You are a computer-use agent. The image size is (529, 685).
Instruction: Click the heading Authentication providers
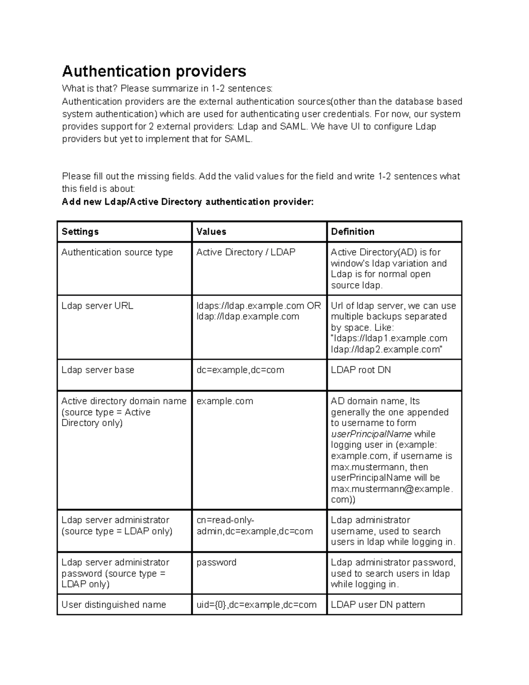[x=154, y=71]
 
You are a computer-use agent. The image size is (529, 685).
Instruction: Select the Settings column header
[x=80, y=232]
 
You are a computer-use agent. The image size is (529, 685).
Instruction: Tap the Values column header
[x=211, y=232]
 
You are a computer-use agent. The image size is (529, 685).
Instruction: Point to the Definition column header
[x=353, y=232]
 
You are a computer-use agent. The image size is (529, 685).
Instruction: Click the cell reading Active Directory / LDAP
[x=246, y=252]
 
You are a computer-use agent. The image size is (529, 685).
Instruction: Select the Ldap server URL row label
[x=97, y=306]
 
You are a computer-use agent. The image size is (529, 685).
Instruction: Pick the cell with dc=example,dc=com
[x=240, y=370]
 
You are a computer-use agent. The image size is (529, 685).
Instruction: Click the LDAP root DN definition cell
[x=361, y=370]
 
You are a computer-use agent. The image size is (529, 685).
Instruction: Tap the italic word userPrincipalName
[x=371, y=434]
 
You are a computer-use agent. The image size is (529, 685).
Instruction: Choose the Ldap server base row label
[x=98, y=370]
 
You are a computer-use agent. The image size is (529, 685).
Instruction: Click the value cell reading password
[x=216, y=562]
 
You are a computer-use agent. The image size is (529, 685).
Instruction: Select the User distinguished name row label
[x=114, y=605]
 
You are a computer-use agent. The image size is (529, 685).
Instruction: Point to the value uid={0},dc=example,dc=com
[x=257, y=605]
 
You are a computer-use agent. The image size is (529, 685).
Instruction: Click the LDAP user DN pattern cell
[x=378, y=605]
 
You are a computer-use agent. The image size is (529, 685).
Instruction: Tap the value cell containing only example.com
[x=225, y=401]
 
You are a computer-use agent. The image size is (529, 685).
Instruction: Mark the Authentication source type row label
[x=117, y=252]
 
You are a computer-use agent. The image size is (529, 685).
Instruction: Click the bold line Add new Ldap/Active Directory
[x=188, y=202]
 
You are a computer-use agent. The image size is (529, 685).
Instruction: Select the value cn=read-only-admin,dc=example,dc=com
[x=254, y=526]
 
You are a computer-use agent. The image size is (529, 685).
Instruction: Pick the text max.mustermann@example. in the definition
[x=391, y=489]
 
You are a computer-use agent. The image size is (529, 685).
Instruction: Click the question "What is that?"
[x=90, y=89]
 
